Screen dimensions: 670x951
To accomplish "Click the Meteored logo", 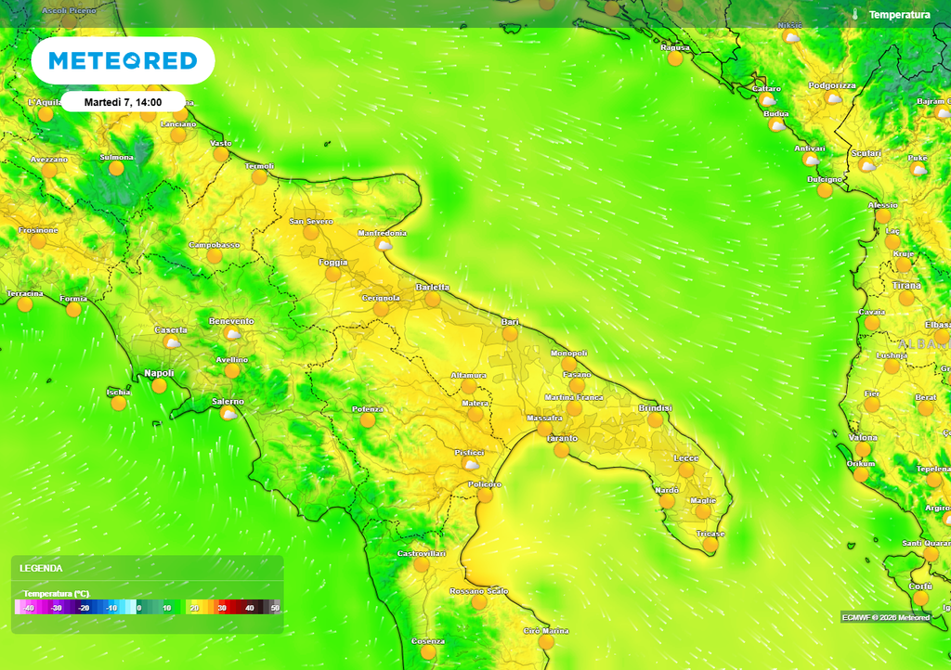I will click(x=123, y=61).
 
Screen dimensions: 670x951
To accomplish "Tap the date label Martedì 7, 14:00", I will click(x=123, y=102).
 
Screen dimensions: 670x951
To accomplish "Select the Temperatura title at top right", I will click(x=899, y=15).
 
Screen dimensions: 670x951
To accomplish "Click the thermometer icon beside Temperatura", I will click(x=855, y=15).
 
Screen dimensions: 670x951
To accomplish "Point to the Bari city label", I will click(x=510, y=321).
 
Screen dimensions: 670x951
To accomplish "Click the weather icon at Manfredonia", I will click(x=384, y=245).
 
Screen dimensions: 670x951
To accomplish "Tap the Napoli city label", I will click(x=159, y=373).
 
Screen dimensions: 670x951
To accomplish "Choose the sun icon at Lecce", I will click(x=686, y=470).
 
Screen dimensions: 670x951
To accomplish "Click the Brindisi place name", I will click(x=655, y=408).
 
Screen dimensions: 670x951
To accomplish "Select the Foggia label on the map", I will click(x=332, y=263).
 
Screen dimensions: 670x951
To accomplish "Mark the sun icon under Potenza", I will click(x=368, y=420).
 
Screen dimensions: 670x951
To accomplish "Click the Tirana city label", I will click(x=906, y=286).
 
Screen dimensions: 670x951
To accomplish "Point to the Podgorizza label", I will click(x=832, y=85).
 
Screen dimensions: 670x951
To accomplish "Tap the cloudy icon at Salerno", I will click(x=228, y=413).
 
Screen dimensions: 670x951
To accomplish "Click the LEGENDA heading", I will click(x=41, y=567).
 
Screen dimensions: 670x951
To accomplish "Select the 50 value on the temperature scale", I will click(x=274, y=607).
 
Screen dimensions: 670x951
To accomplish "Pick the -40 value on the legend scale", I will click(x=29, y=607).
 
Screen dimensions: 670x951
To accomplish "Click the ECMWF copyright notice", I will click(x=885, y=617).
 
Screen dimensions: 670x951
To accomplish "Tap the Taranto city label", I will click(x=562, y=438).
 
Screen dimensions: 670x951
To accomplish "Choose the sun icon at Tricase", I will click(x=710, y=546).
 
